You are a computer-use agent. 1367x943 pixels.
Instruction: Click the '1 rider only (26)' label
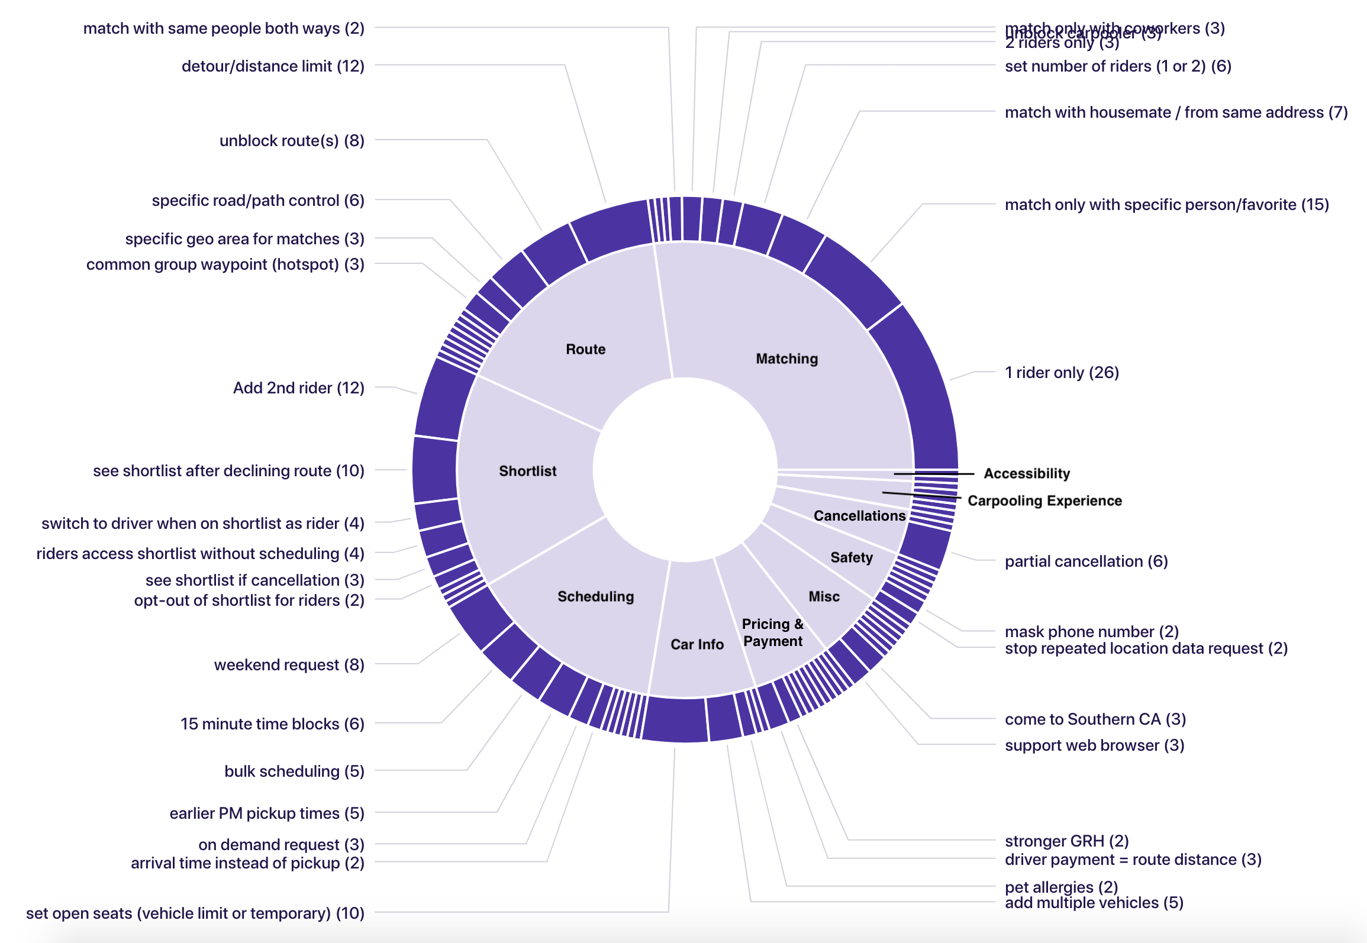[1062, 373]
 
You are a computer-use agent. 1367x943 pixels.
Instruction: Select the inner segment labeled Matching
[786, 359]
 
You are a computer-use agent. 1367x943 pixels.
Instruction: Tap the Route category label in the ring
[585, 349]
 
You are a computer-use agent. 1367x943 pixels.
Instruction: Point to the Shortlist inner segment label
[527, 471]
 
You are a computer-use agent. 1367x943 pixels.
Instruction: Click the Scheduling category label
[595, 596]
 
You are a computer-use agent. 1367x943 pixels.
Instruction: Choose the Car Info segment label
[697, 644]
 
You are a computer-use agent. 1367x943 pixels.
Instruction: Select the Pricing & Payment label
[772, 632]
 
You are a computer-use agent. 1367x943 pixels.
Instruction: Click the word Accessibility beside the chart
[1027, 473]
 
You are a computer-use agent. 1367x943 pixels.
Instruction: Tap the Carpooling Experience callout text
[1044, 500]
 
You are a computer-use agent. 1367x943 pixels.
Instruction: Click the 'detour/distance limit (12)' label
[273, 66]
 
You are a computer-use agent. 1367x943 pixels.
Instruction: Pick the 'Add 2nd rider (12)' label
[298, 388]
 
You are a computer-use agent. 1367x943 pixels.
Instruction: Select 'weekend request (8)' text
[289, 665]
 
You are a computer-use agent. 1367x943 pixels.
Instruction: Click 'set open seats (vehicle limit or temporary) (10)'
[195, 913]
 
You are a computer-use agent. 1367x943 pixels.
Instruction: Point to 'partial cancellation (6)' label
[1086, 561]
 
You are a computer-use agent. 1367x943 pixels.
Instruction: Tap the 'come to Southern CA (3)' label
[1095, 719]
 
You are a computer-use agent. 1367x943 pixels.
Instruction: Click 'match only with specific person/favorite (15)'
[1166, 205]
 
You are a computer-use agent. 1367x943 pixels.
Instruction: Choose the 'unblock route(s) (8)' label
[292, 141]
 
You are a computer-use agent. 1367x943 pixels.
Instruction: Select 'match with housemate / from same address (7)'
[1176, 112]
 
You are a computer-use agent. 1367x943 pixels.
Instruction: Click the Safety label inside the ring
[851, 557]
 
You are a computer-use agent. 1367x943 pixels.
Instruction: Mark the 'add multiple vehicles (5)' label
[1094, 903]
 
